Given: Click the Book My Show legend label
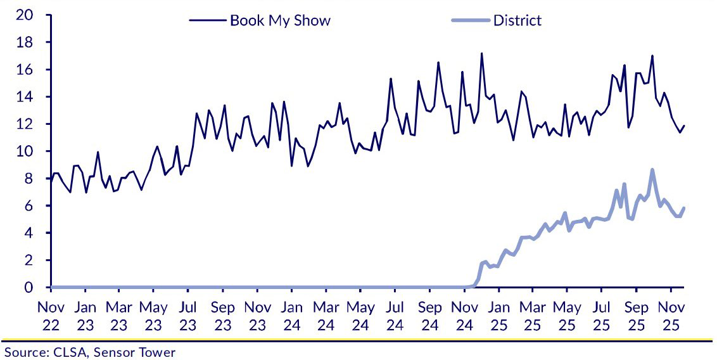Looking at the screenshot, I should click(280, 20).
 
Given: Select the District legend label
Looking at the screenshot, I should click(517, 20).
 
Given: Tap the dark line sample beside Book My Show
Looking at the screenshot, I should click(208, 20).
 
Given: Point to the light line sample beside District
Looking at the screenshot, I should click(471, 20).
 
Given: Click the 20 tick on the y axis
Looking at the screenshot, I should click(24, 15).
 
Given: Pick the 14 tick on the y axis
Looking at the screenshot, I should click(24, 97).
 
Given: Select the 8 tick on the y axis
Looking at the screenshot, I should click(28, 179).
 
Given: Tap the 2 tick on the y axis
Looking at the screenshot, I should click(28, 260).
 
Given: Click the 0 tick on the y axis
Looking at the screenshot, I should click(28, 288).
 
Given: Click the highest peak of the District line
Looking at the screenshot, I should click(652, 170).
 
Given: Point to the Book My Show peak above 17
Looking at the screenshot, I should click(481, 53).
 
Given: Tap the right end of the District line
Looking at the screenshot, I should click(684, 208).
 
